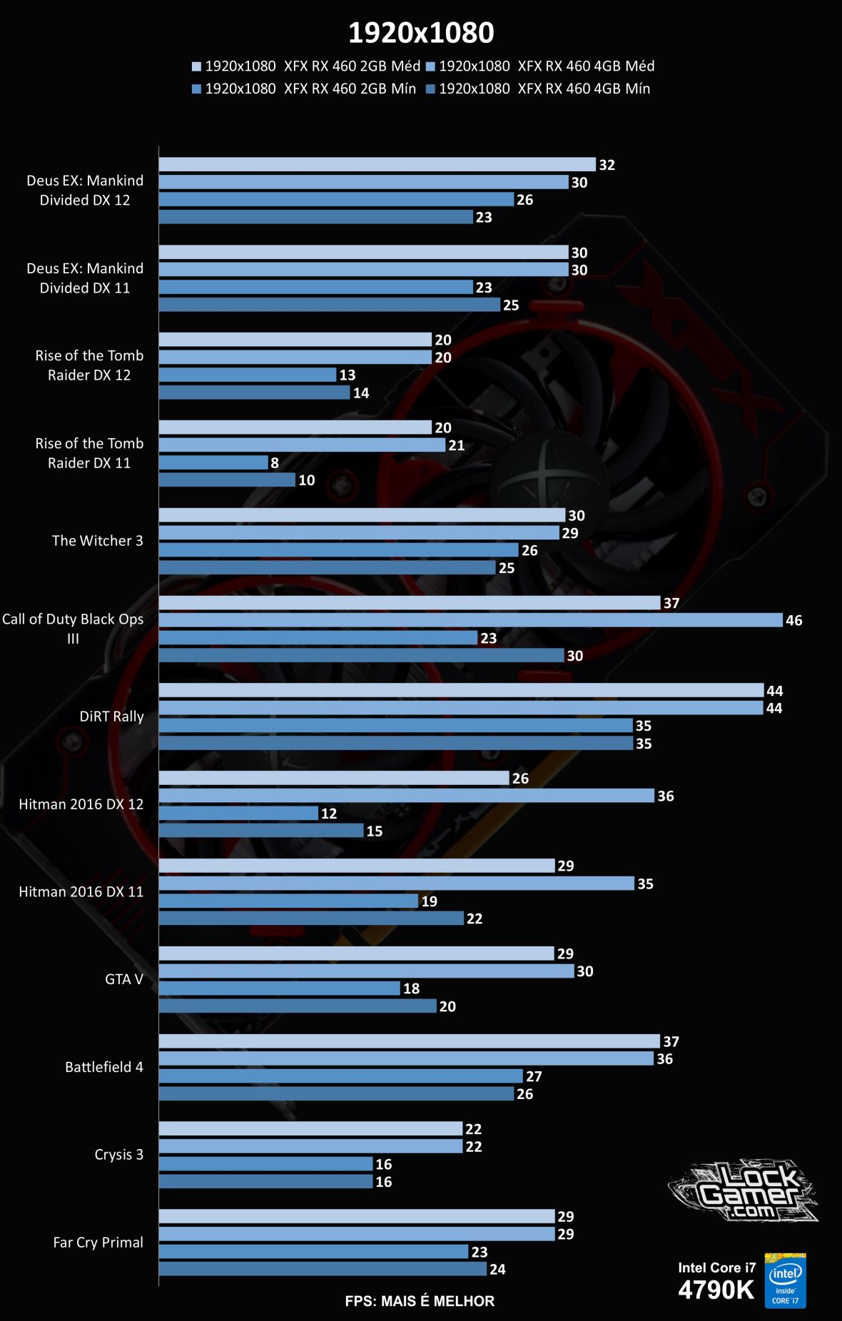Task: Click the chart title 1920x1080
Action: [421, 33]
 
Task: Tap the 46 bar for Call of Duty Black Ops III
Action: [470, 620]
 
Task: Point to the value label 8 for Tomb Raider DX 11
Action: [275, 463]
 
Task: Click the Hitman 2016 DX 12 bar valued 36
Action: [406, 796]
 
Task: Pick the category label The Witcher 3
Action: [97, 541]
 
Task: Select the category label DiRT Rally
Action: [111, 717]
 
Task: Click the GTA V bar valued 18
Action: [279, 988]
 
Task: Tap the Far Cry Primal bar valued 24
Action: [323, 1269]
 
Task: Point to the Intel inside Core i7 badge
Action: [785, 1281]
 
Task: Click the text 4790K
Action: [716, 1290]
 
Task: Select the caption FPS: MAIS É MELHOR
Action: [420, 1301]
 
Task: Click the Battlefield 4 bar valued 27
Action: [340, 1076]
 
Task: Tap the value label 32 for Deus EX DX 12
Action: [607, 165]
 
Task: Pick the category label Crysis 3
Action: [118, 1155]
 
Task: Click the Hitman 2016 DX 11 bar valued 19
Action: [288, 901]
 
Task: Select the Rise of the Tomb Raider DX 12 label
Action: [89, 365]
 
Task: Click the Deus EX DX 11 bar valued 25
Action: [329, 305]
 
